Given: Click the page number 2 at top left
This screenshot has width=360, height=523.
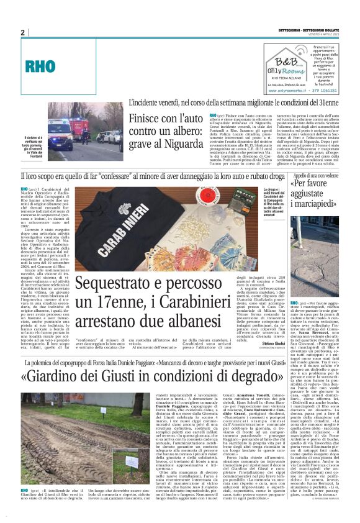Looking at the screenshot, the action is (x=22, y=32).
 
